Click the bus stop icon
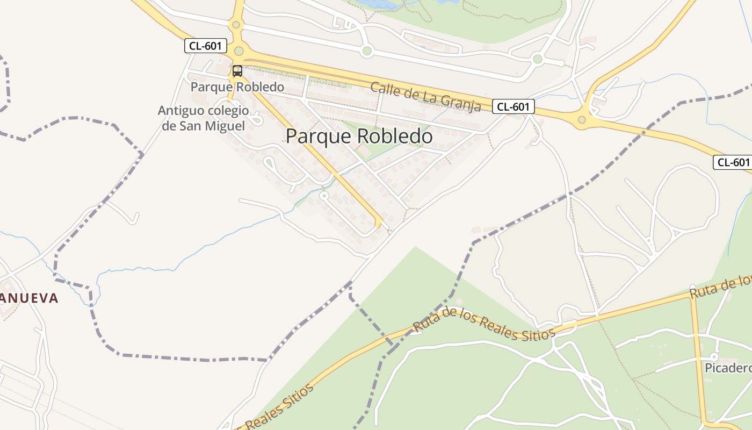coord(237,70)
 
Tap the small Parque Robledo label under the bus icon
coord(237,87)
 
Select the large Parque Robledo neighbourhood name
coord(359,137)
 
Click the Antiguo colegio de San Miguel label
coord(204,118)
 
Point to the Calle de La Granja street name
coord(425,97)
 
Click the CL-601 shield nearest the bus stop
coord(205,46)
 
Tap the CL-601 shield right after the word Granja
coord(513,106)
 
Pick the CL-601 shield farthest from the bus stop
coord(733,162)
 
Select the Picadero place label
coord(728,368)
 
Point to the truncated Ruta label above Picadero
coord(720,288)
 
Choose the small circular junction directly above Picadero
coord(714,356)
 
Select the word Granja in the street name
coord(461,102)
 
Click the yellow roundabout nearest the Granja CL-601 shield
coord(582,119)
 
